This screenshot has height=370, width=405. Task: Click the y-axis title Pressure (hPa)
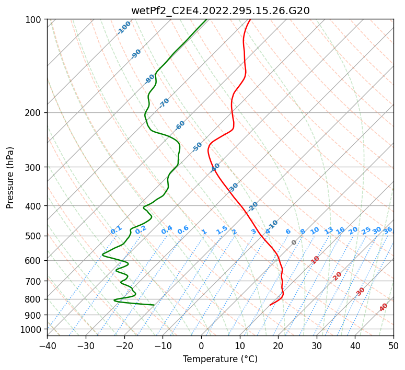10,177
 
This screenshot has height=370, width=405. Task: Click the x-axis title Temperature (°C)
220,359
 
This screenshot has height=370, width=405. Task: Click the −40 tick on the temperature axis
47,346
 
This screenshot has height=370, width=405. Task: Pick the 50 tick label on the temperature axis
394,346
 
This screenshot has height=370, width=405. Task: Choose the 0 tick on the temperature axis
201,346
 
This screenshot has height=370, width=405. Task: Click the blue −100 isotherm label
124,28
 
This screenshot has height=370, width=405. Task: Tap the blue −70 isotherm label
164,102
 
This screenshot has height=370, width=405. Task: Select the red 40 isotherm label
384,307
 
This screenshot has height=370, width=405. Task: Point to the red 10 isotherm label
315,260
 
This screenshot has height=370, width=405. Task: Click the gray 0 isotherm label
294,242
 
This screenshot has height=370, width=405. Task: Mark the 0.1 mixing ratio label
116,229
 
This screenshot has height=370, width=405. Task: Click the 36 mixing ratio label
388,230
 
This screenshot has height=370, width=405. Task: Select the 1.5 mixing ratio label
222,229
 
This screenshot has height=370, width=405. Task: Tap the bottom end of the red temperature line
270,305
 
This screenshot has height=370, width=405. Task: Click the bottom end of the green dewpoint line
154,305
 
